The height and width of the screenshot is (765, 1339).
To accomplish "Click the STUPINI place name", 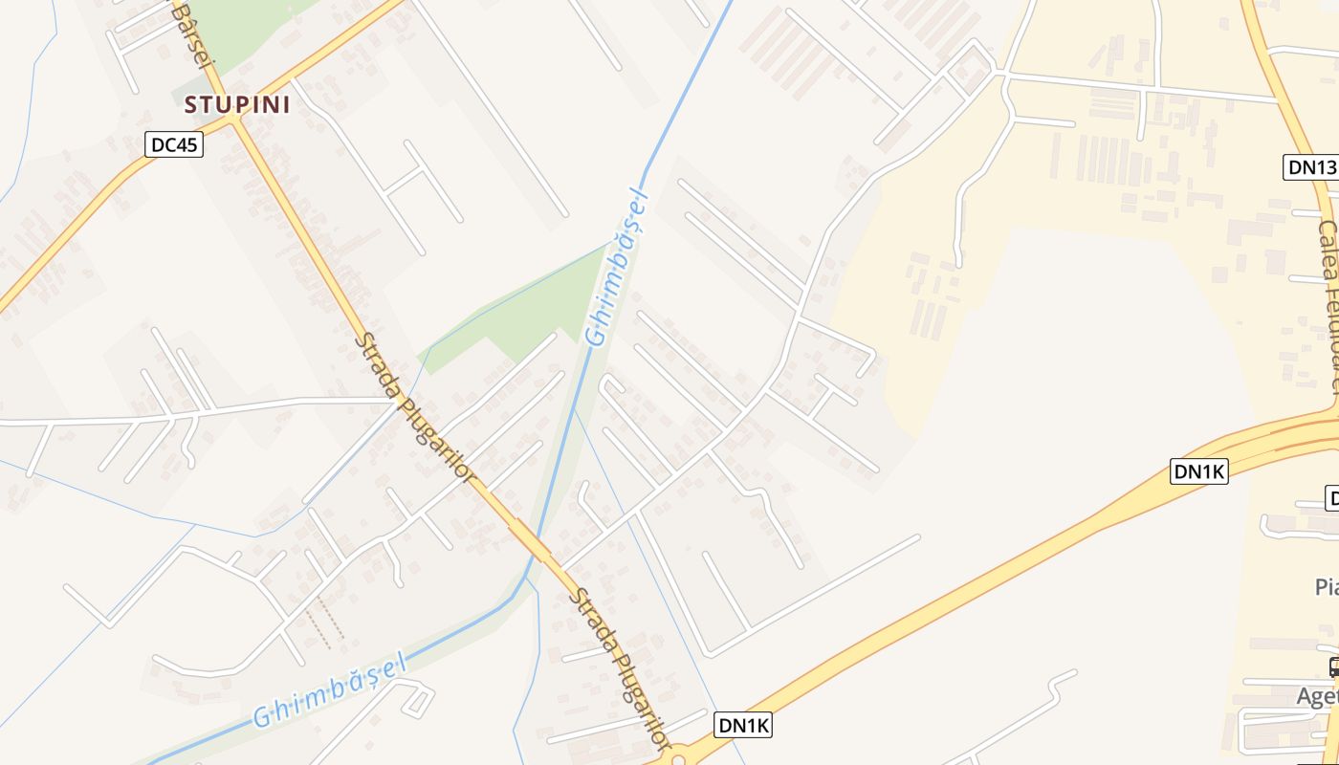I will point(237,104).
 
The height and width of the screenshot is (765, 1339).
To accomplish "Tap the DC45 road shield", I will point(175,144).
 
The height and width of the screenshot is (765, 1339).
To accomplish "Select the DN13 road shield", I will point(1309,167).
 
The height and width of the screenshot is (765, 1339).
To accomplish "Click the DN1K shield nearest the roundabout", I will point(743,726).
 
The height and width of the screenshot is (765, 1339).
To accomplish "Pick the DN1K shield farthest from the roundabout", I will point(1198,470).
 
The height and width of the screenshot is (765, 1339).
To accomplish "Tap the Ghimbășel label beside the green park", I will point(616,269).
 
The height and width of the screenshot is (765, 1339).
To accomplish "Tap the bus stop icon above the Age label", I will point(1333,667).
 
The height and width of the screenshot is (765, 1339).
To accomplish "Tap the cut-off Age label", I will point(1317,696).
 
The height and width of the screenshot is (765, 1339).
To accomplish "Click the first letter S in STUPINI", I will point(191,104).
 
